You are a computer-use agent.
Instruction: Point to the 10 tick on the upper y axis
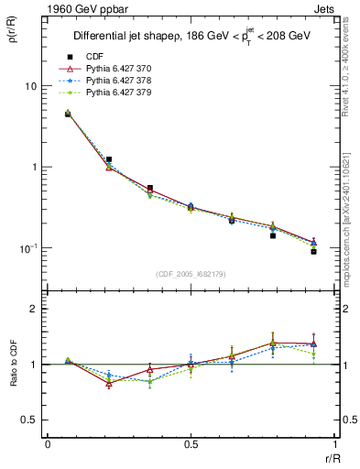(32, 86)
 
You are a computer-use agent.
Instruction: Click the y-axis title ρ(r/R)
(12, 40)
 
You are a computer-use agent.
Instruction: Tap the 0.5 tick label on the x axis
(191, 444)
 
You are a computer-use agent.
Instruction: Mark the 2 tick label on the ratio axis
(34, 309)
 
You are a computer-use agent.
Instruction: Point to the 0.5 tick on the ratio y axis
(30, 420)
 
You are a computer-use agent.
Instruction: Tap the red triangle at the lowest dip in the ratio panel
(109, 384)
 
